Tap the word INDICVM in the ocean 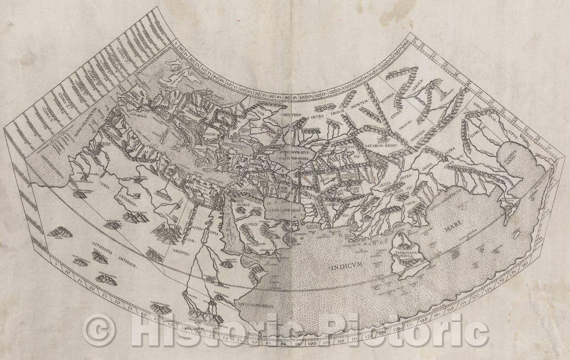point(346,265)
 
